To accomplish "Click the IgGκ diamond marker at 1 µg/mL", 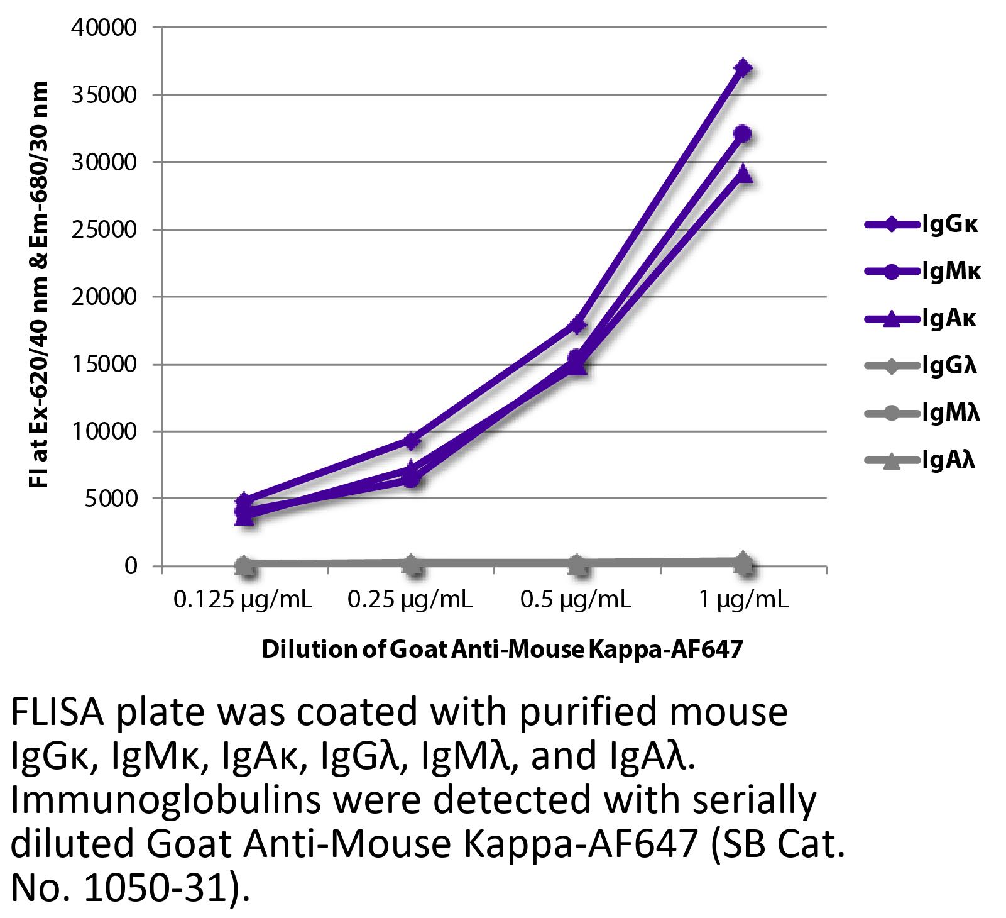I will [x=743, y=68].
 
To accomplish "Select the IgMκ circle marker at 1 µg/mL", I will [x=743, y=134].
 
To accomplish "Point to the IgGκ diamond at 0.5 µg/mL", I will [x=577, y=324].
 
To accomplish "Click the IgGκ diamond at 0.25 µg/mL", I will [x=412, y=440].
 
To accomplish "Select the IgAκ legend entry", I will [x=921, y=319].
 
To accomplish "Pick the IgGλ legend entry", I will [x=921, y=365].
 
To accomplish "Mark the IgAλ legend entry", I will [x=920, y=460].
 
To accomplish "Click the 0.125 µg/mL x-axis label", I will [x=243, y=600].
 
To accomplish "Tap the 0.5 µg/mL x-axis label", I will [x=576, y=600].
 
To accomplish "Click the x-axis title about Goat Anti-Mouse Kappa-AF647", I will [x=502, y=649].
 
